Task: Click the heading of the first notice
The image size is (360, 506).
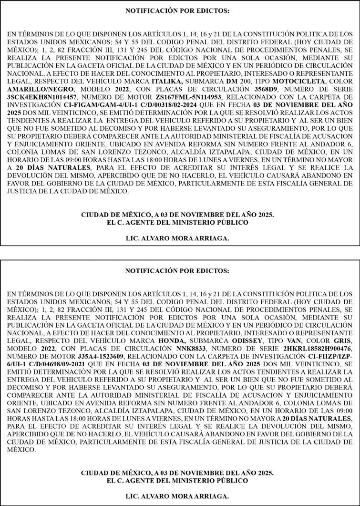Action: pyautogui.click(x=177, y=10)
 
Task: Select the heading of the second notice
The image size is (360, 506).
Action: pyautogui.click(x=177, y=270)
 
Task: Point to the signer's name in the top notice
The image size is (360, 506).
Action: pyautogui.click(x=177, y=238)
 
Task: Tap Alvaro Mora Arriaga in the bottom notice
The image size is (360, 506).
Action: pyautogui.click(x=177, y=496)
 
